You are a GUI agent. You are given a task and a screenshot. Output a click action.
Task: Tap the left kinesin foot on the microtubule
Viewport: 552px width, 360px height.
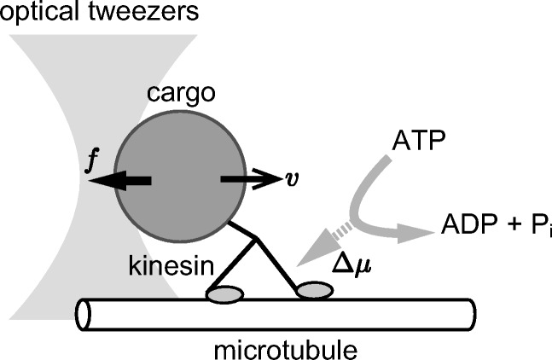tap(224, 294)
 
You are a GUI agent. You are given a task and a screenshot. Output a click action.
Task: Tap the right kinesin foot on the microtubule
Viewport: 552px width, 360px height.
tap(314, 293)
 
